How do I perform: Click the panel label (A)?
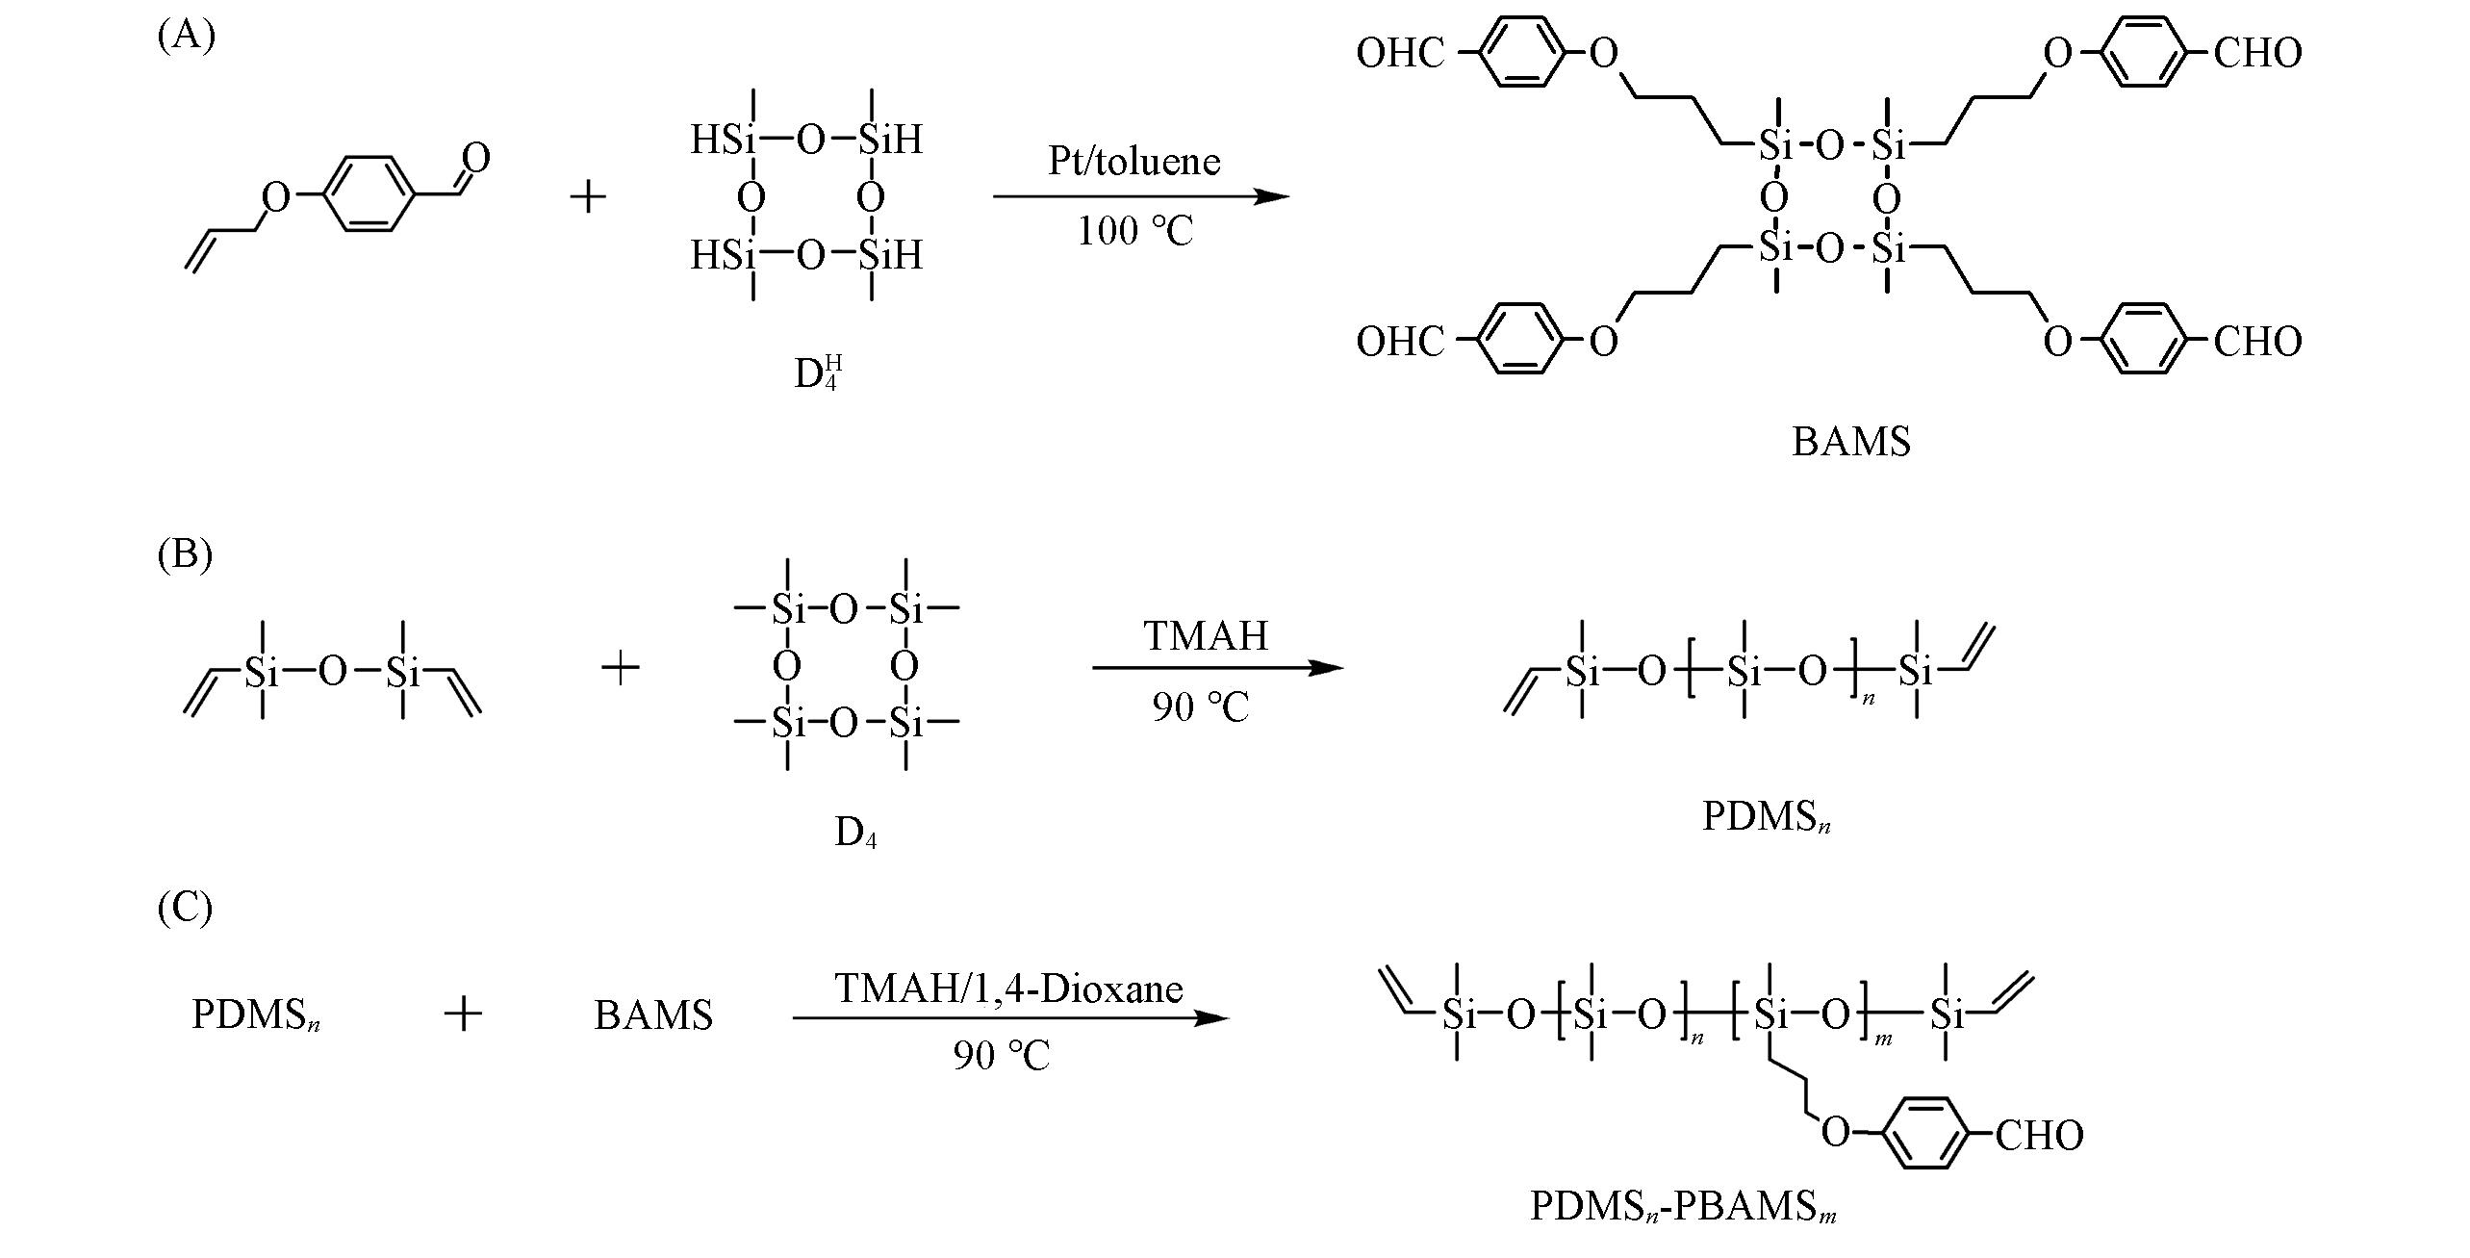[x=186, y=36]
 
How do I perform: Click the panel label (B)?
[x=185, y=554]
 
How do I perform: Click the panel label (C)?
[x=185, y=908]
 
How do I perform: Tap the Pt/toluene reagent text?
[x=1133, y=162]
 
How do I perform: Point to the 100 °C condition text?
[x=1134, y=232]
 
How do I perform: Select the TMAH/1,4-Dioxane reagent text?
[x=1008, y=989]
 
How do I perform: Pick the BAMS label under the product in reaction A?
[x=1850, y=442]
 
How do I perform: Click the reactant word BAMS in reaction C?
[x=653, y=1015]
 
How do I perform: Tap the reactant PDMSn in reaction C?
[x=256, y=1015]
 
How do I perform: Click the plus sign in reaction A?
[x=588, y=197]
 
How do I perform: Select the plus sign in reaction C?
[x=463, y=1014]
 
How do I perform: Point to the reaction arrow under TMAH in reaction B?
[x=1217, y=667]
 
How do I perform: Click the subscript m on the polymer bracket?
[x=1883, y=1039]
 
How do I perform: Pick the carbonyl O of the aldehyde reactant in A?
[x=477, y=157]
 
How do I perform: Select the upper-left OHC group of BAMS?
[x=1401, y=54]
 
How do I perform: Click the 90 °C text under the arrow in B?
[x=1201, y=708]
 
